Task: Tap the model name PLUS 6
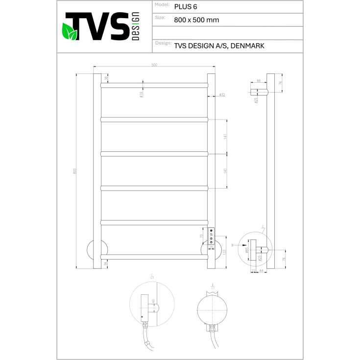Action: point(186,7)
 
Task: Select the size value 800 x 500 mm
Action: point(196,20)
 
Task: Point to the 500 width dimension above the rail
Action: point(154,65)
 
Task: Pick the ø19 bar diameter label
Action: point(141,95)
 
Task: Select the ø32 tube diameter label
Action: point(222,95)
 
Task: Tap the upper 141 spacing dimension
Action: point(225,137)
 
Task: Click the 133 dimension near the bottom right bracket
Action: point(225,252)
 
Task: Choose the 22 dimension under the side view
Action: point(253,270)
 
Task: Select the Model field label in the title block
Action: point(162,4)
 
